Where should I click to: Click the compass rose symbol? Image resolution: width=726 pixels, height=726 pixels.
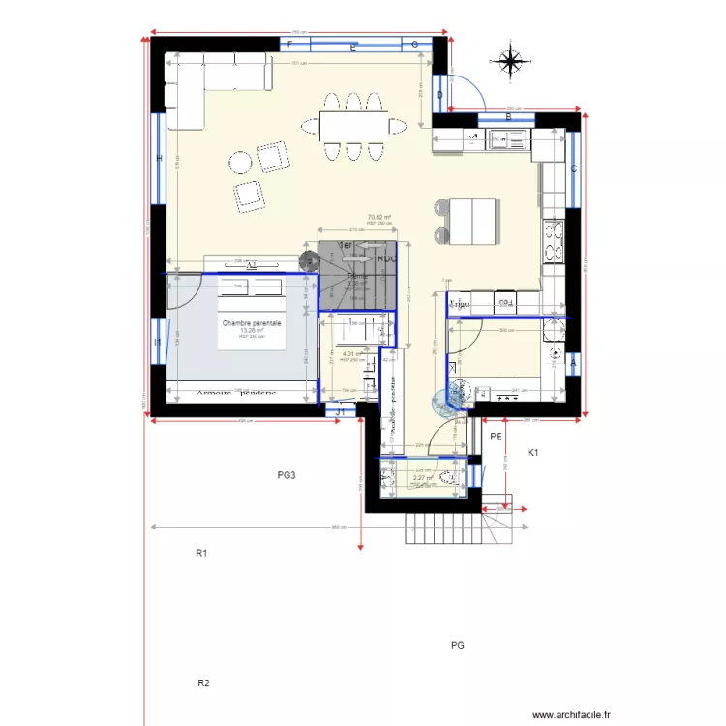pos(509,61)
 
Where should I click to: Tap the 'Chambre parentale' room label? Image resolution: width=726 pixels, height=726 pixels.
pos(252,323)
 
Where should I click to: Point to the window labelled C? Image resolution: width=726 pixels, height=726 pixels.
pos(574,169)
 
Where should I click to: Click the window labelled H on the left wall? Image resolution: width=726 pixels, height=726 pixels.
pos(159,159)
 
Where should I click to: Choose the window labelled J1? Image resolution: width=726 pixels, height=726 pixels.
pos(340,411)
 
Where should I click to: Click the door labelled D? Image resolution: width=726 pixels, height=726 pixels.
pos(439,95)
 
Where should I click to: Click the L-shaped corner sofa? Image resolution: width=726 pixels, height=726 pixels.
pos(203,82)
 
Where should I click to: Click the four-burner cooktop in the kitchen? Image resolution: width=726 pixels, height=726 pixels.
pos(554,243)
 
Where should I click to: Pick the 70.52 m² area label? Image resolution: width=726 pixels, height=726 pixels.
pos(378,218)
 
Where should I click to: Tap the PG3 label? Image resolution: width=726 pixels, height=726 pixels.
pos(286,475)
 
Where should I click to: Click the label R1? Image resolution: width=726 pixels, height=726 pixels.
pos(202,554)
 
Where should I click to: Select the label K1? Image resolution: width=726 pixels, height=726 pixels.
pos(532,453)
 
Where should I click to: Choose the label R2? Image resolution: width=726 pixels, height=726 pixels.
pos(203,683)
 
